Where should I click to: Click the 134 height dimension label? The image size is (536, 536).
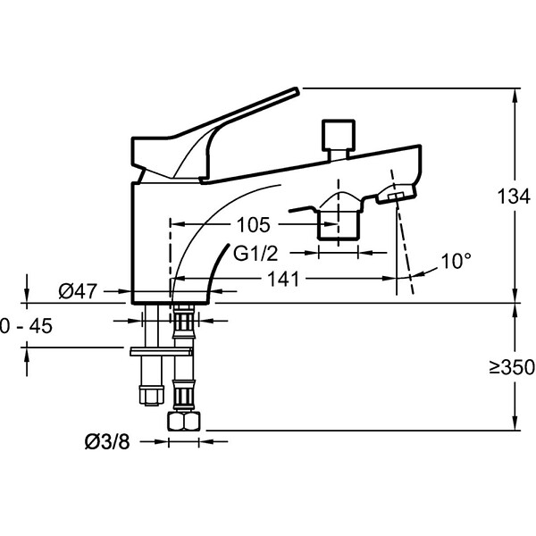coord(514,197)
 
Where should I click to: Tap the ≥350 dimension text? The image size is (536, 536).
coord(512,367)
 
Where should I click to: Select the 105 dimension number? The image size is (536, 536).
coord(254,224)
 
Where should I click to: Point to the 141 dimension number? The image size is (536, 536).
coord(283,279)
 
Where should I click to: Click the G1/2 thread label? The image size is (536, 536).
coord(255,254)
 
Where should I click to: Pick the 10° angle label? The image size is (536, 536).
coord(456,261)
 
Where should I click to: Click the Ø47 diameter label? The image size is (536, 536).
coord(78,291)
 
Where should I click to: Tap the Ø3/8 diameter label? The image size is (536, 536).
coord(107,441)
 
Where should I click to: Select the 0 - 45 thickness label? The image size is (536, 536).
coord(26,325)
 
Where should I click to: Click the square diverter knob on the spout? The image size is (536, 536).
coord(339,135)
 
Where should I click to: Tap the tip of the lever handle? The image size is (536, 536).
coord(297,90)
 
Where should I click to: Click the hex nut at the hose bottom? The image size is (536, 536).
coord(183,421)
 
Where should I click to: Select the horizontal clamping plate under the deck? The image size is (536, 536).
coord(161,351)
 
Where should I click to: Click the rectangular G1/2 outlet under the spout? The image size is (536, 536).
coord(339,225)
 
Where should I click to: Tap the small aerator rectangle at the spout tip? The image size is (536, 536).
coord(396,196)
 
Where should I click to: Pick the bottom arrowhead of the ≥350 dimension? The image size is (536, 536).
coord(515,423)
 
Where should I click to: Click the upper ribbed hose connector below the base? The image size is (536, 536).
coord(184,322)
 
